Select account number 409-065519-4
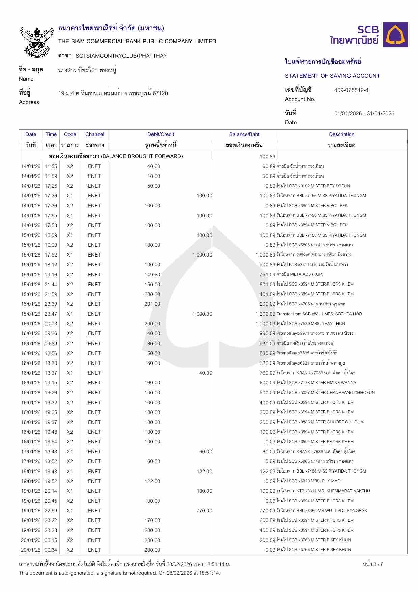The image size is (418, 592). pos(351,90)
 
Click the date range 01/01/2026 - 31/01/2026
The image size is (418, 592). pos(364,113)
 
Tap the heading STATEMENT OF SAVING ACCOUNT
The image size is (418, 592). pos(332,76)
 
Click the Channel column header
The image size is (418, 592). pos(94,134)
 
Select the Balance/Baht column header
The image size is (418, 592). pos(244,134)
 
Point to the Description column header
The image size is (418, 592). pos(341,134)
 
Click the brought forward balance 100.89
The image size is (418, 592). pos(268,156)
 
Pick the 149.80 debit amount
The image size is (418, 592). pos(152,274)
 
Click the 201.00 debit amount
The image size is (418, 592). pos(152,304)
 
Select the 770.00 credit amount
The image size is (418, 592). pos(204,511)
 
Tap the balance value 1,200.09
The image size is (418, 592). pos(266,314)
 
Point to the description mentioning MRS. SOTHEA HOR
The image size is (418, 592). pos(319,314)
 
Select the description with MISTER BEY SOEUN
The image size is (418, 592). pos(313,186)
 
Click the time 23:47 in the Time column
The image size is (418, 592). pos(51,314)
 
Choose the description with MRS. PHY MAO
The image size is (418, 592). pos(308,481)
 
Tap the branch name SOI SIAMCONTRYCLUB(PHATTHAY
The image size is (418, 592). pos(121,56)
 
